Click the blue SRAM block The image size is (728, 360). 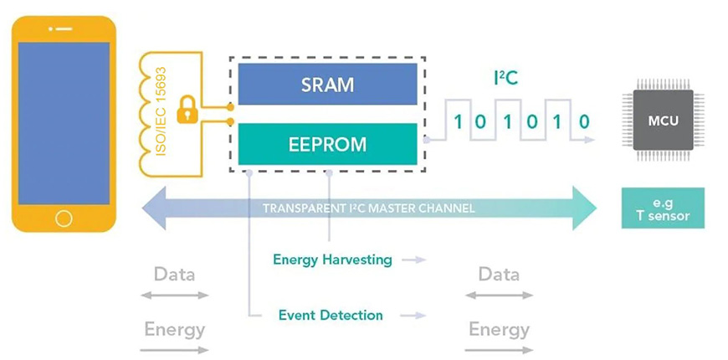(327, 84)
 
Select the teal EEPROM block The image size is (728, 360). (327, 144)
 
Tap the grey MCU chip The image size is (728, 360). (663, 121)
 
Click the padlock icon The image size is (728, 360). (187, 110)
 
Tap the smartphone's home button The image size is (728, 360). (64, 219)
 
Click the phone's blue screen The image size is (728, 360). (64, 123)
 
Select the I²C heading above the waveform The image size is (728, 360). (505, 79)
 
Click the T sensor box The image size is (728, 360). (663, 208)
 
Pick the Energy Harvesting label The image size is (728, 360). (332, 260)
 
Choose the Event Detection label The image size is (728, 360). (331, 316)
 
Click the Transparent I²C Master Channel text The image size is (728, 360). (369, 208)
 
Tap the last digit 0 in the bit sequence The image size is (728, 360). (585, 122)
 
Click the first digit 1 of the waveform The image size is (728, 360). (459, 122)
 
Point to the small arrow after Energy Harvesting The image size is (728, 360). (413, 260)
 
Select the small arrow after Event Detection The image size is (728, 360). (413, 316)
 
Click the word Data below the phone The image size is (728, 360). (175, 274)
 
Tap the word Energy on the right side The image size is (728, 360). (499, 330)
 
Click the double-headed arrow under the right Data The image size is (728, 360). (499, 295)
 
